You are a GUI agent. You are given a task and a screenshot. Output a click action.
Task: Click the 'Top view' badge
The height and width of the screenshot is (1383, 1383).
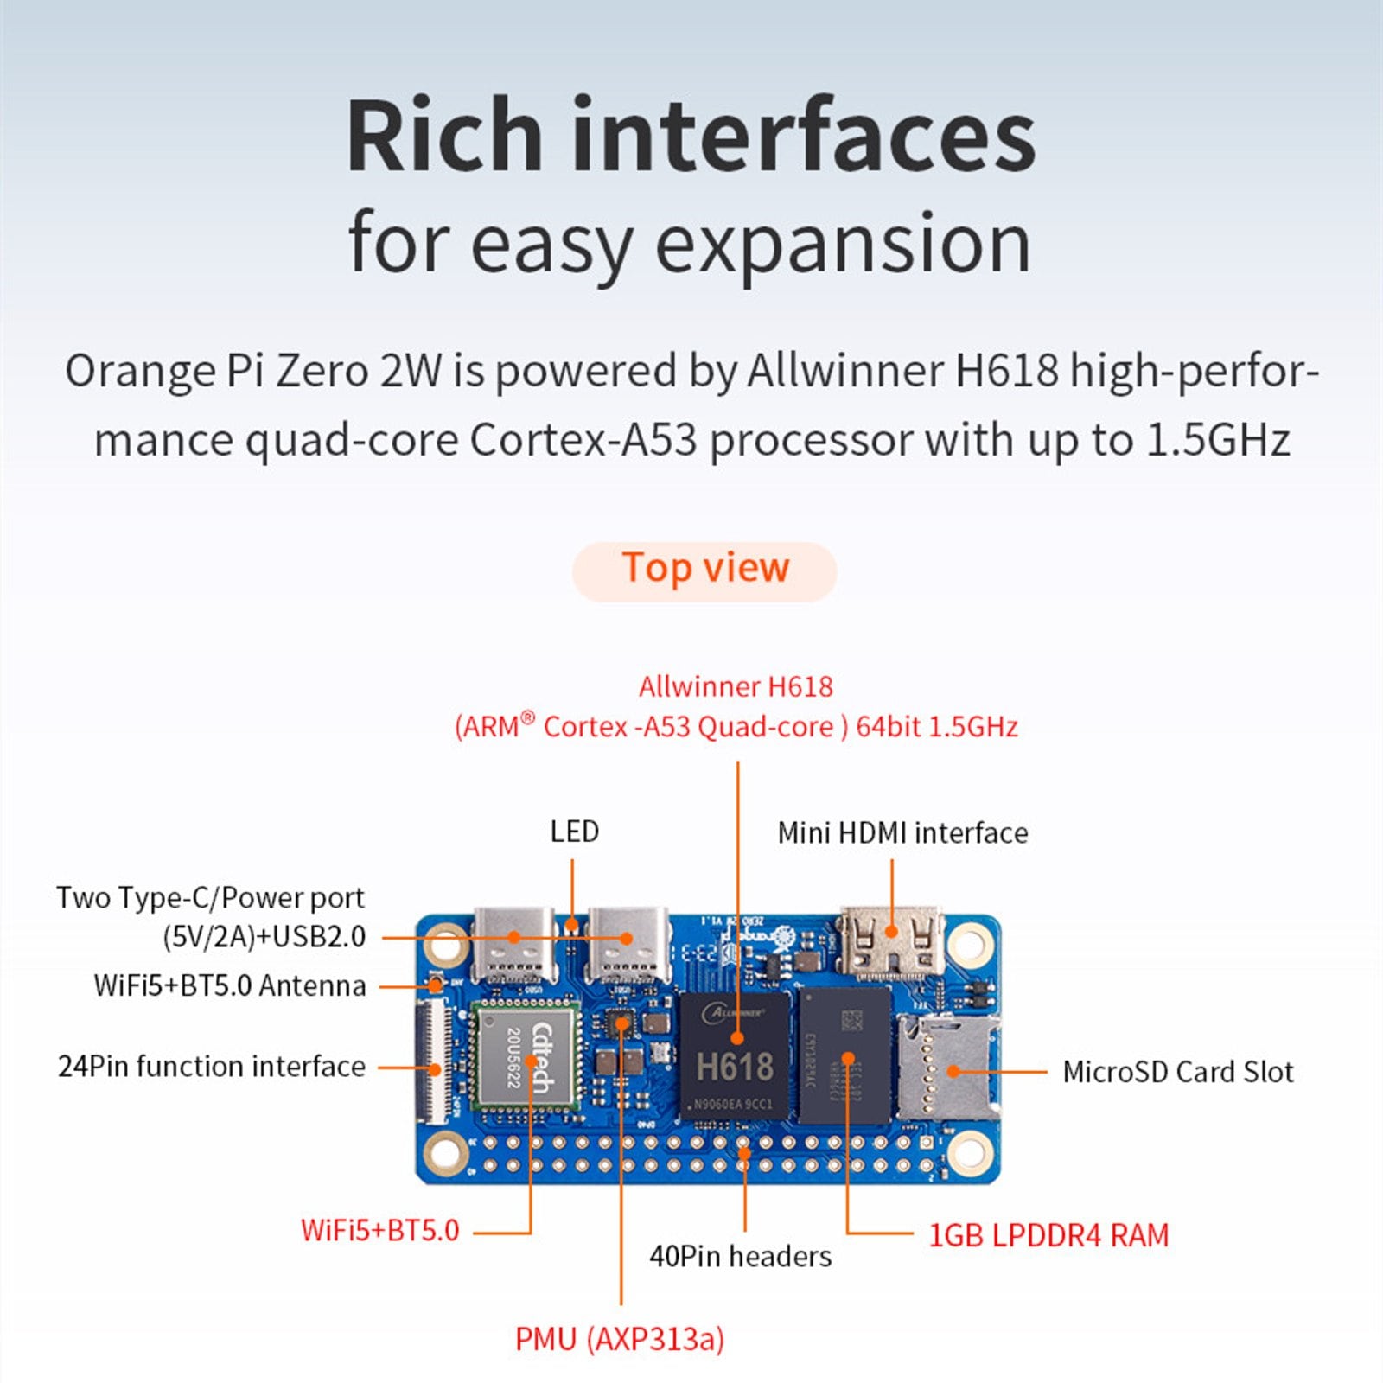coord(704,571)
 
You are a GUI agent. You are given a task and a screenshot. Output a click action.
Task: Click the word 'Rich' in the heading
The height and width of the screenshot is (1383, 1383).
coord(445,137)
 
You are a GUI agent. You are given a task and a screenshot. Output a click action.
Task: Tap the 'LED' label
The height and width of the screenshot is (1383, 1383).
coord(575,832)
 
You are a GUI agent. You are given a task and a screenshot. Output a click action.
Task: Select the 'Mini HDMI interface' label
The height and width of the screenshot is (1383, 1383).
coord(902,833)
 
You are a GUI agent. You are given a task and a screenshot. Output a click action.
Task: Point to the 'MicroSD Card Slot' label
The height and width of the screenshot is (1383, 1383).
coord(1178,1072)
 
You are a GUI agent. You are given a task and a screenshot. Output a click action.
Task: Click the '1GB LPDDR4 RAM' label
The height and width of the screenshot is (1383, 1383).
coord(1048,1235)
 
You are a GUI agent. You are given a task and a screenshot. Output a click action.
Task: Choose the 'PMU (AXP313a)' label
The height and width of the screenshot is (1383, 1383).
coord(620,1339)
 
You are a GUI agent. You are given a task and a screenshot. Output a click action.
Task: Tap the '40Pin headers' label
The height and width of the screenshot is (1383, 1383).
coord(741,1256)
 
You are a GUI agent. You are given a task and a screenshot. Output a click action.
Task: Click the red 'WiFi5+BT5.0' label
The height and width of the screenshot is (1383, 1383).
coord(380,1230)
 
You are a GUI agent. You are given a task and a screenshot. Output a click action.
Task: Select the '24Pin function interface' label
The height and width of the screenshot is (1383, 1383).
coord(212,1067)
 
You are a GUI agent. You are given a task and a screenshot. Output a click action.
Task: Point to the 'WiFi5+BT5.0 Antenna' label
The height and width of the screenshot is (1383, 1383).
coord(230,985)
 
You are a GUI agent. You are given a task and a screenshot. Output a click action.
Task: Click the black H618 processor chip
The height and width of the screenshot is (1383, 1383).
coord(735,1056)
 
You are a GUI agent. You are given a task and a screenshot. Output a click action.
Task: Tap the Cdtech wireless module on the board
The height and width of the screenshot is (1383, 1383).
coord(526,1056)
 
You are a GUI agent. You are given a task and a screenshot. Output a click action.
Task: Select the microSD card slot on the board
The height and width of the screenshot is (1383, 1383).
coord(948,1068)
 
